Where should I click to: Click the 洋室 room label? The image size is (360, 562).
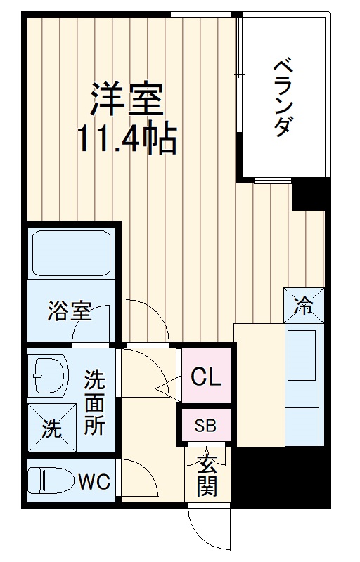point(127,100)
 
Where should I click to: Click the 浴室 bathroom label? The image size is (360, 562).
point(70,311)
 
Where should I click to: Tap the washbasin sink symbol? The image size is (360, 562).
point(48,376)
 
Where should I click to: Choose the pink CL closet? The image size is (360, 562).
point(207,377)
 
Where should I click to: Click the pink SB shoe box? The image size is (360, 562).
point(205,425)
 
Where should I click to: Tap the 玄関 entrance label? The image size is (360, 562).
point(207,475)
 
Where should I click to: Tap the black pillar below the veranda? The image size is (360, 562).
point(309,194)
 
